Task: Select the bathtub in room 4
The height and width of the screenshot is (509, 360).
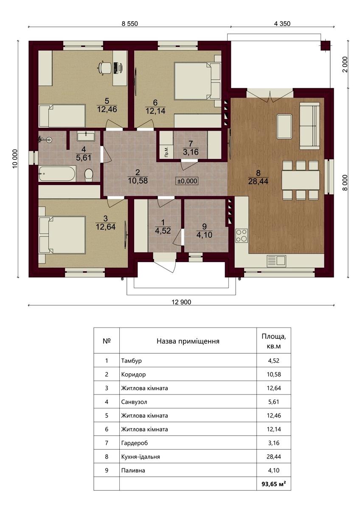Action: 57,174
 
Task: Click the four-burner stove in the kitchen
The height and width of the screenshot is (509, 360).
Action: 242,235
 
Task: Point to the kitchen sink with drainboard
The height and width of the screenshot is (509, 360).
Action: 276,261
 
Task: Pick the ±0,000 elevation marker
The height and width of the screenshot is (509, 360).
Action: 187,181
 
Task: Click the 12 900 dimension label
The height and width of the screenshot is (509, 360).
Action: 181,302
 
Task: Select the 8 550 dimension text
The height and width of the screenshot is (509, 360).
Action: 129,23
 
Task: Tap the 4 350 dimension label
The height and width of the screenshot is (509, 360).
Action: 282,23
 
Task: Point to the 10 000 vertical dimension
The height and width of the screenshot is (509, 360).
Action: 15,159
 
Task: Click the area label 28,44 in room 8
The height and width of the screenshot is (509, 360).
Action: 258,181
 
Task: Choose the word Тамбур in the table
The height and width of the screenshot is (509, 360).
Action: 131,361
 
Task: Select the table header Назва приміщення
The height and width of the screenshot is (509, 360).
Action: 188,341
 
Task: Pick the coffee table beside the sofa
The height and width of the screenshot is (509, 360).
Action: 284,126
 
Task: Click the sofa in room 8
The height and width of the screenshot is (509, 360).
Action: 309,126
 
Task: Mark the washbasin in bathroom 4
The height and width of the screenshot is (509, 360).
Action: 86,137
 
